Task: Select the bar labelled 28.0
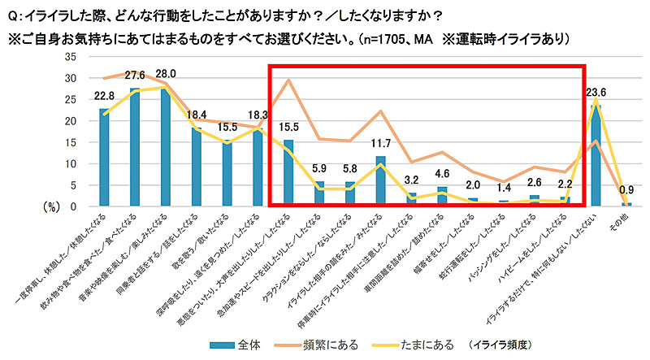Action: (x=165, y=147)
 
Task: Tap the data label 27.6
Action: (x=134, y=75)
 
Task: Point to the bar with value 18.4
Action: (x=196, y=167)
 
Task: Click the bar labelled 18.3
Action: (x=258, y=167)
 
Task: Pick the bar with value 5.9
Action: (x=319, y=194)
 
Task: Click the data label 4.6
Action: (x=442, y=174)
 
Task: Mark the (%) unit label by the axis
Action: (x=50, y=206)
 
